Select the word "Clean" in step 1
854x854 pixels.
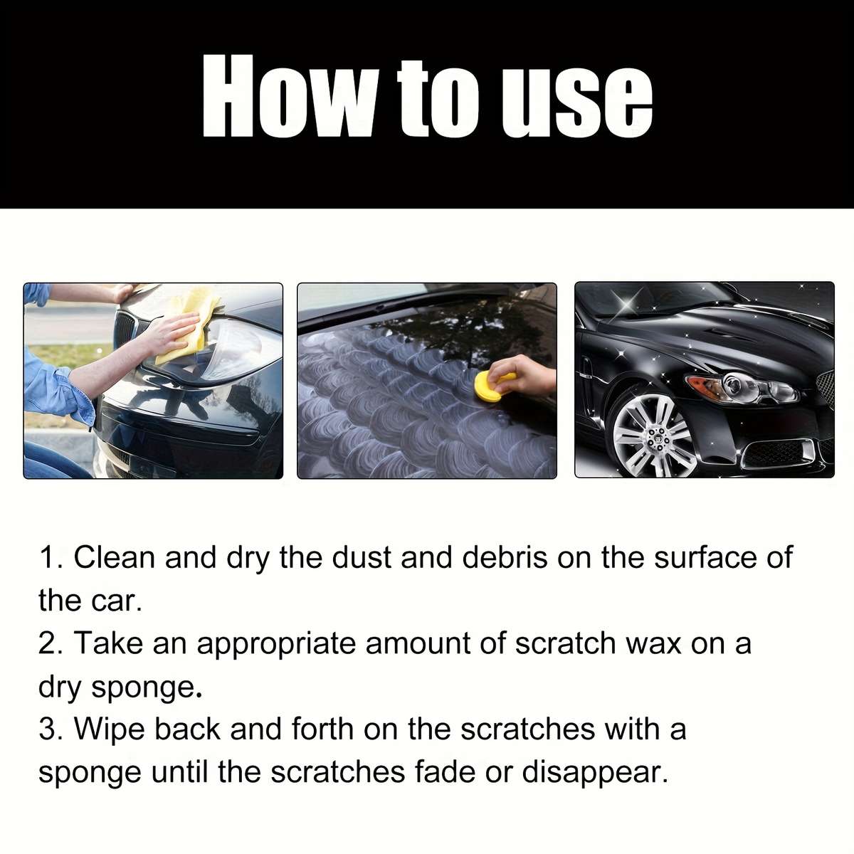(x=114, y=557)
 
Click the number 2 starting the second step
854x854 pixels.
(x=47, y=644)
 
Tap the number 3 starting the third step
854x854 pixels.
(x=47, y=729)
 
